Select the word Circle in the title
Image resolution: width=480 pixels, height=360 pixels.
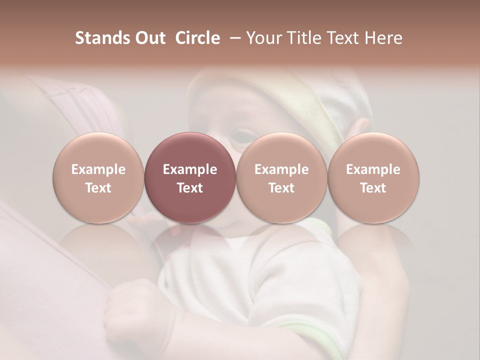197,38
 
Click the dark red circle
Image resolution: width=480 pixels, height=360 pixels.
190,178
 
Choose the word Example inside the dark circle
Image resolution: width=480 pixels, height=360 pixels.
190,169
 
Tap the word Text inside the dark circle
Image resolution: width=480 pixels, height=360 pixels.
190,188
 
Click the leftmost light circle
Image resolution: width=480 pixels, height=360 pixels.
98,178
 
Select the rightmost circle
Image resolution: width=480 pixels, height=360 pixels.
373,178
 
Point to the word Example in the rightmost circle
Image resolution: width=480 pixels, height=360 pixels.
373,169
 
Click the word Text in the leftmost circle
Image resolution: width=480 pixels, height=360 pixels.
98,188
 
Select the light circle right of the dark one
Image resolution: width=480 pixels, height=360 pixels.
281,178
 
